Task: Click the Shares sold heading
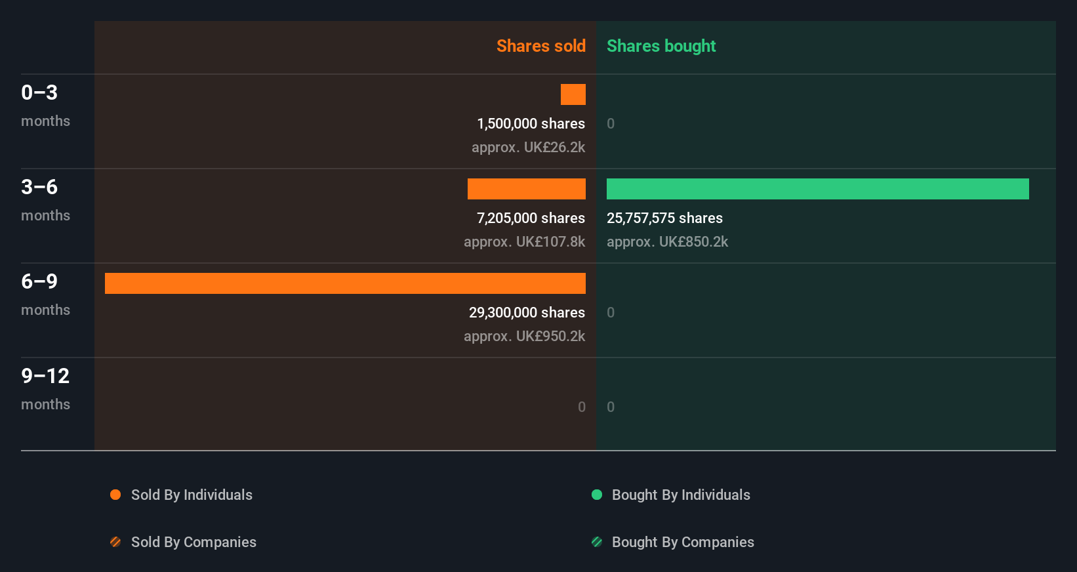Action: (x=540, y=46)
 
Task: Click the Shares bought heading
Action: (x=660, y=46)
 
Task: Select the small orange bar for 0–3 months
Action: (x=573, y=94)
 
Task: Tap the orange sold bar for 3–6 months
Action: (x=526, y=189)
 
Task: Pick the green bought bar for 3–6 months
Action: (x=817, y=189)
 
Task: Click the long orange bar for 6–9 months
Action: (x=345, y=283)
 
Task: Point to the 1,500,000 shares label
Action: (x=531, y=123)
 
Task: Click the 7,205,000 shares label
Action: (x=531, y=218)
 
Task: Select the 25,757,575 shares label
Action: (x=664, y=218)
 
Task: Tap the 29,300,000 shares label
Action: (x=527, y=312)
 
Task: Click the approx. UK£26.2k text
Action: (x=528, y=147)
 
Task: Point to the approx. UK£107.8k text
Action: (x=524, y=241)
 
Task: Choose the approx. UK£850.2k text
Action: (x=667, y=241)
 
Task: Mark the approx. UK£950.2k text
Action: (x=524, y=336)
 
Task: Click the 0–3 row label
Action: (x=39, y=92)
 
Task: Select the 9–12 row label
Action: (x=45, y=376)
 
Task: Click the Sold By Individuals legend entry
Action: (x=191, y=495)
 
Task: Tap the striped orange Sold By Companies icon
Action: (x=115, y=542)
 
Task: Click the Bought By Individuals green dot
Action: (x=597, y=495)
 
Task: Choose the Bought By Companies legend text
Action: (x=682, y=542)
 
